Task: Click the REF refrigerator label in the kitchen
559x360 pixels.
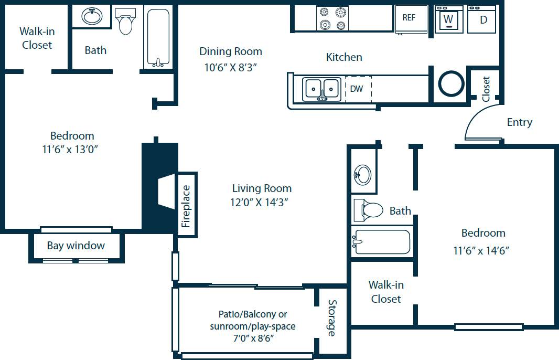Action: coord(408,18)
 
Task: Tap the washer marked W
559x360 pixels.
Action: coord(448,19)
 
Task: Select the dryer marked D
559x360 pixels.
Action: coord(483,19)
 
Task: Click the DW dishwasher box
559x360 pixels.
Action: coord(357,89)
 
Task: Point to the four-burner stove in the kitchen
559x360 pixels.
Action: coord(332,18)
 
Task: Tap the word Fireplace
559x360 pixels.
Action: coord(186,206)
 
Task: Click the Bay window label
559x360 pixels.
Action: coord(76,246)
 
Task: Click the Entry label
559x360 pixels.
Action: coord(519,122)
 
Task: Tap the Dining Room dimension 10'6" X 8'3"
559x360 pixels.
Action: coord(231,67)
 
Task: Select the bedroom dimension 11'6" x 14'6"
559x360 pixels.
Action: coord(481,251)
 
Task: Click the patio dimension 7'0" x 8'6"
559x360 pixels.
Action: coord(253,338)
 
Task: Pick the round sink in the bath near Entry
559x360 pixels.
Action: coord(363,173)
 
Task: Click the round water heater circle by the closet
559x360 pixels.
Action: coord(450,83)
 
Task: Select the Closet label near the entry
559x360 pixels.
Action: coord(486,89)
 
